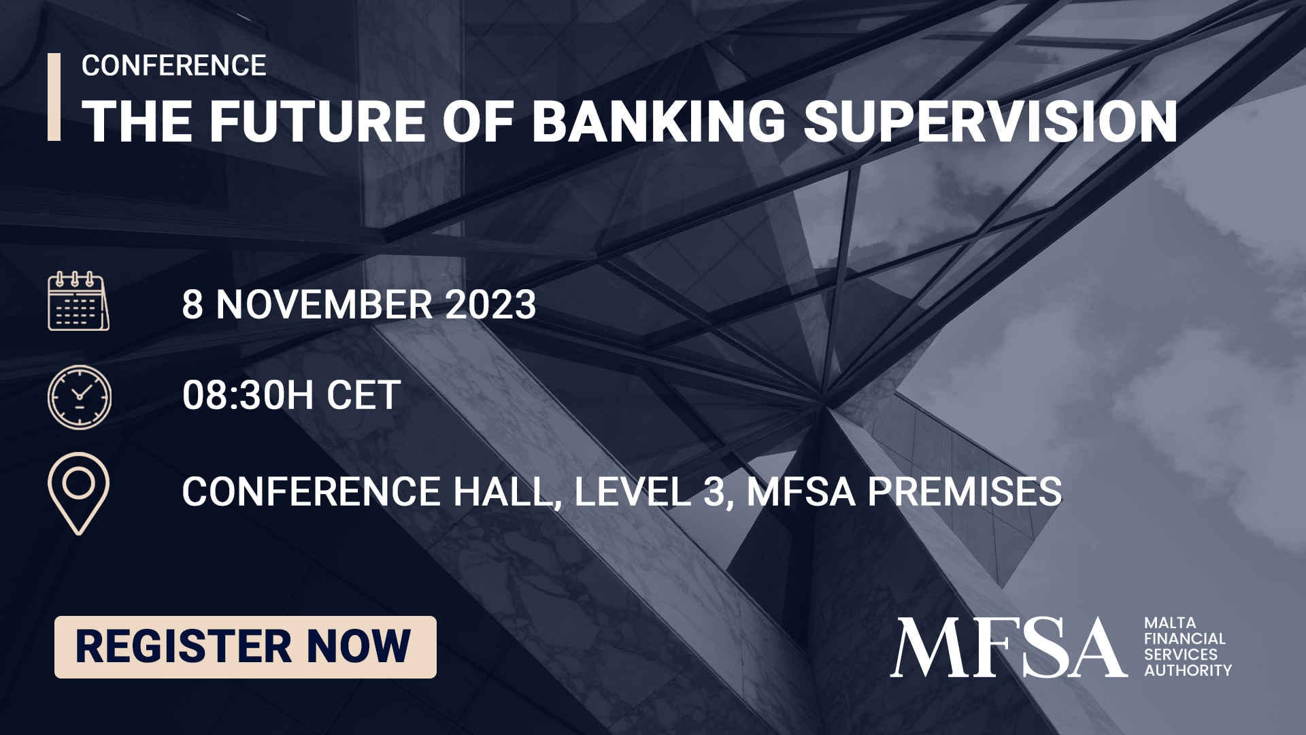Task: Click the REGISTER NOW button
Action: [245, 647]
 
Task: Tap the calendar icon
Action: [78, 301]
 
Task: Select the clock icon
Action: [80, 397]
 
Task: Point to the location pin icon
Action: [78, 492]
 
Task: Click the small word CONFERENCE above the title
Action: [173, 66]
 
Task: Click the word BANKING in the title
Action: [658, 122]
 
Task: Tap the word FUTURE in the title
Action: [318, 122]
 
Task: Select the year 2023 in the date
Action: [490, 304]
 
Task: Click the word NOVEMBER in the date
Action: [324, 304]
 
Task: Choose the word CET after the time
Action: [364, 395]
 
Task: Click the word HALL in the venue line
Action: [502, 492]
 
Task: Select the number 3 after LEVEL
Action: [714, 492]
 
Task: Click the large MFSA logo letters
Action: [1008, 647]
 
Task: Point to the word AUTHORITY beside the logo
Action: [1188, 670]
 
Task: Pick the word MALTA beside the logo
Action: [1170, 623]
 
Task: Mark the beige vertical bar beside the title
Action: [54, 97]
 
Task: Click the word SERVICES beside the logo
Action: [1180, 655]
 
